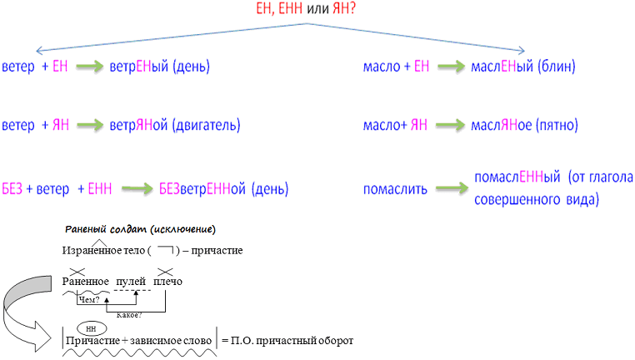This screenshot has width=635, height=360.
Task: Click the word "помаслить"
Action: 395,189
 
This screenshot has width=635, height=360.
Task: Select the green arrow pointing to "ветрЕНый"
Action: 87,67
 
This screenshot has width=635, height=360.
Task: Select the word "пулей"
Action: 131,281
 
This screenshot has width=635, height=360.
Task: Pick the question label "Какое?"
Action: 130,314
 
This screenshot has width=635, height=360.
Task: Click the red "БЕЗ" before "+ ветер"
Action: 12,189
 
